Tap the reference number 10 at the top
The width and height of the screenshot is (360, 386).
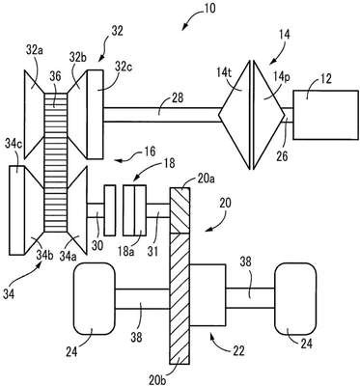[x=208, y=9]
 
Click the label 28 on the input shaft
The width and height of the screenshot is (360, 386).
[x=178, y=98]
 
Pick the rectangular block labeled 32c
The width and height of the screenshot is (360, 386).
[x=96, y=115]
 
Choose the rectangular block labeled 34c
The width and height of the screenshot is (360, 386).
[x=16, y=210]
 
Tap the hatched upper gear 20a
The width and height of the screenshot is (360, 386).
[x=180, y=210]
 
